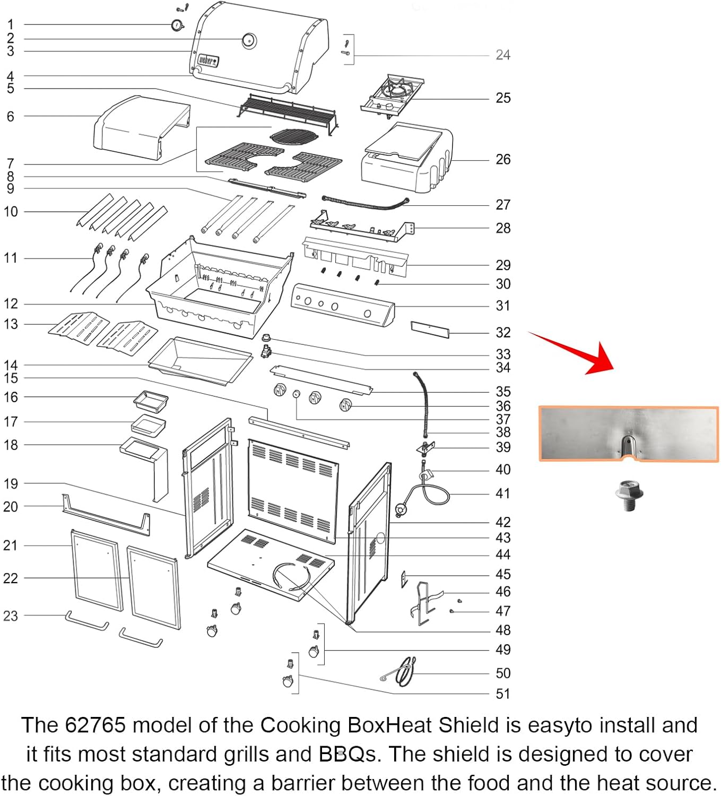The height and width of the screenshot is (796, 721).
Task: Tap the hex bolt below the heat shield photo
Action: coord(629,495)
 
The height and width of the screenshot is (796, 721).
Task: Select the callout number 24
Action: coord(503,55)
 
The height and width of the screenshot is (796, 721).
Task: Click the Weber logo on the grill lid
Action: coord(209,60)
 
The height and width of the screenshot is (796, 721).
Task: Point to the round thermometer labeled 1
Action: coord(177,25)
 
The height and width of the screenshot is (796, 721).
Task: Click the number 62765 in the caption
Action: coord(95,725)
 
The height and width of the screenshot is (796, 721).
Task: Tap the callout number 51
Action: coord(503,694)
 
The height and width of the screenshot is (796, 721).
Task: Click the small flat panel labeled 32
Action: coord(430,330)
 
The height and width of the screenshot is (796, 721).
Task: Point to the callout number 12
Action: coord(11,304)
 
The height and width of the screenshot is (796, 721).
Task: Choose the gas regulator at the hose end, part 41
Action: coord(401,509)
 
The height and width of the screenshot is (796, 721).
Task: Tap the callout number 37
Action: coord(503,419)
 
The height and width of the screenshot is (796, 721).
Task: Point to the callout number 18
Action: coord(11,445)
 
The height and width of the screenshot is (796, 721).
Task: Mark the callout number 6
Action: coord(11,116)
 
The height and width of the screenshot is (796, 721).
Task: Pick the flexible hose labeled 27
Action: coord(365,203)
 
